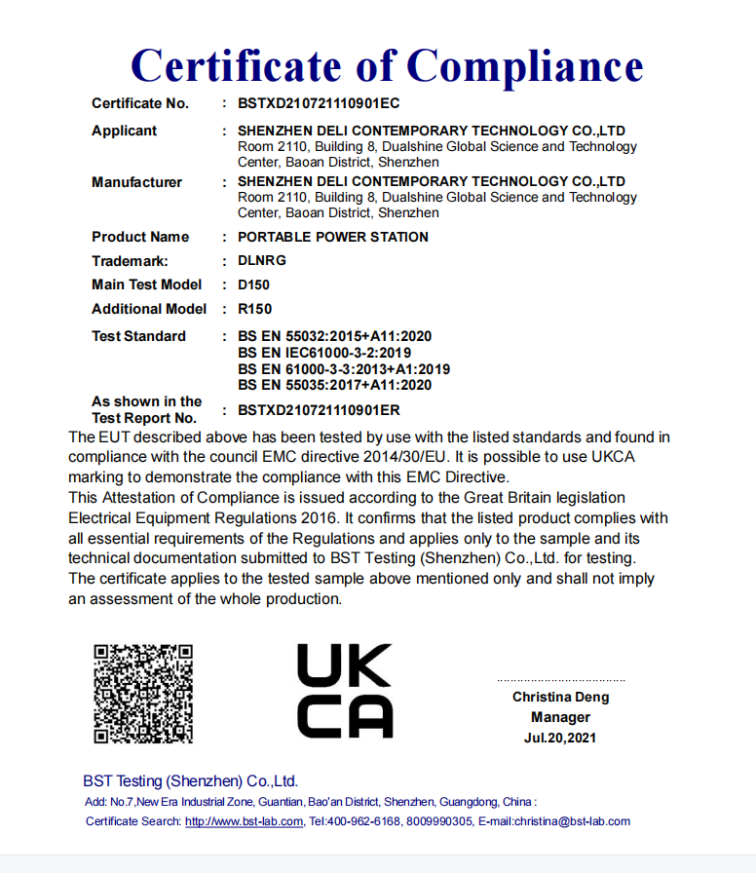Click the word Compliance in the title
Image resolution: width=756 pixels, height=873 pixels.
pos(524,65)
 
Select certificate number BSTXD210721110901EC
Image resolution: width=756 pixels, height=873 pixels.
pos(319,103)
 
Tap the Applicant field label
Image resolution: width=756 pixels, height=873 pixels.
pos(124,131)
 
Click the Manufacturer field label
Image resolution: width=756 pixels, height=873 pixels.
pos(136,182)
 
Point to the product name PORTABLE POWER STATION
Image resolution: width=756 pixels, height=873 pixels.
pos(332,237)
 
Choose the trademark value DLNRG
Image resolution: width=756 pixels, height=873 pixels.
pos(262,261)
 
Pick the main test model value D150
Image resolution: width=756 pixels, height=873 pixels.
pos(253,285)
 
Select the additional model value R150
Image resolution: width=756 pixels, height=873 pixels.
pos(254,309)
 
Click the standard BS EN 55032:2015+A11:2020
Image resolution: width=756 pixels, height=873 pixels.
pos(334,336)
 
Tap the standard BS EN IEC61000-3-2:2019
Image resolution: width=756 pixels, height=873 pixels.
pos(324,353)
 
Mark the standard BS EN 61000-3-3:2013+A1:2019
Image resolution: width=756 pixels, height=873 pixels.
pos(344,369)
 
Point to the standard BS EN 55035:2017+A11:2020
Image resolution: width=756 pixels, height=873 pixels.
pos(334,385)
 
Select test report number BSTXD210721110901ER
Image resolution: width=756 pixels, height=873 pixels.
pos(319,410)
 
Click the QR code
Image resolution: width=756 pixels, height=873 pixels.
pos(142,693)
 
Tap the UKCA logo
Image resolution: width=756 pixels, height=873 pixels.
pos(344,691)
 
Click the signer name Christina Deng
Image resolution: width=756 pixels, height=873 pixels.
pos(560,697)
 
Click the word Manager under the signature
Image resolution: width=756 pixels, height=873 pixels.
pos(560,717)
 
